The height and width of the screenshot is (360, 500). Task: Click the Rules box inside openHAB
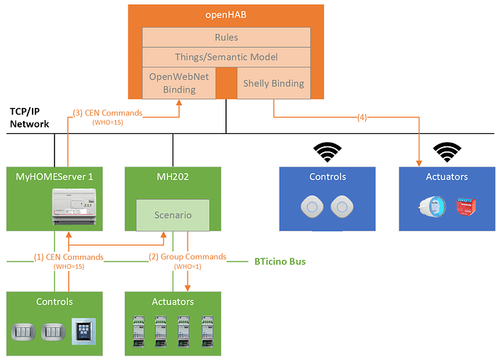(226, 37)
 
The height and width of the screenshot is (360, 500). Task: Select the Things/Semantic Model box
(226, 56)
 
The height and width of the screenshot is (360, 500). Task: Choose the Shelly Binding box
(274, 83)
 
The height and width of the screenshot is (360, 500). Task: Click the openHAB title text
(226, 14)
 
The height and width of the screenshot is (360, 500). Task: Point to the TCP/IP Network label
(29, 118)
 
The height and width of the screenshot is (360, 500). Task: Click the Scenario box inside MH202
(172, 215)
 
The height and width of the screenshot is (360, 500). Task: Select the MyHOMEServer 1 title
(54, 177)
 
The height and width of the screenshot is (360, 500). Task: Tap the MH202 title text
(172, 177)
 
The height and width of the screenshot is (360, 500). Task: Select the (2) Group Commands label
(187, 257)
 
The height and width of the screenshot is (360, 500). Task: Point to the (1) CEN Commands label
(68, 257)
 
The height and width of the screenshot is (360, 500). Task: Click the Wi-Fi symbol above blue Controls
(328, 152)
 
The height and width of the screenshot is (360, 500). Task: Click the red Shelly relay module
(463, 207)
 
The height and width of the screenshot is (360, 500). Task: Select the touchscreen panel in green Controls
(83, 332)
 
